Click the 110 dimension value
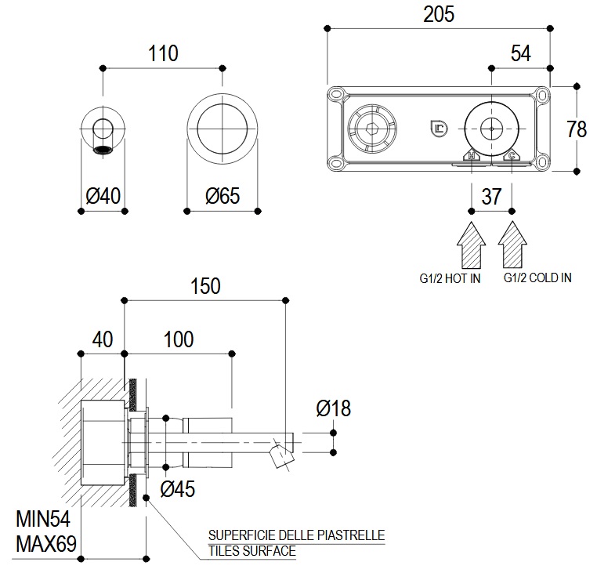[164, 53]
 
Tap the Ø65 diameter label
[222, 195]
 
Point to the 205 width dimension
[438, 13]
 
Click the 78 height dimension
[576, 128]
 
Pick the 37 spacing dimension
[491, 196]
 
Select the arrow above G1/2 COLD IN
[512, 245]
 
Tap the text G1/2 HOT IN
[449, 278]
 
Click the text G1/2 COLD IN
[537, 278]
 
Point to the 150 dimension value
[206, 286]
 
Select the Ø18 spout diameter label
[333, 408]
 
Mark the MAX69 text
[45, 542]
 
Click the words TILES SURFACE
[251, 551]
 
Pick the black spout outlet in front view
[103, 149]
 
